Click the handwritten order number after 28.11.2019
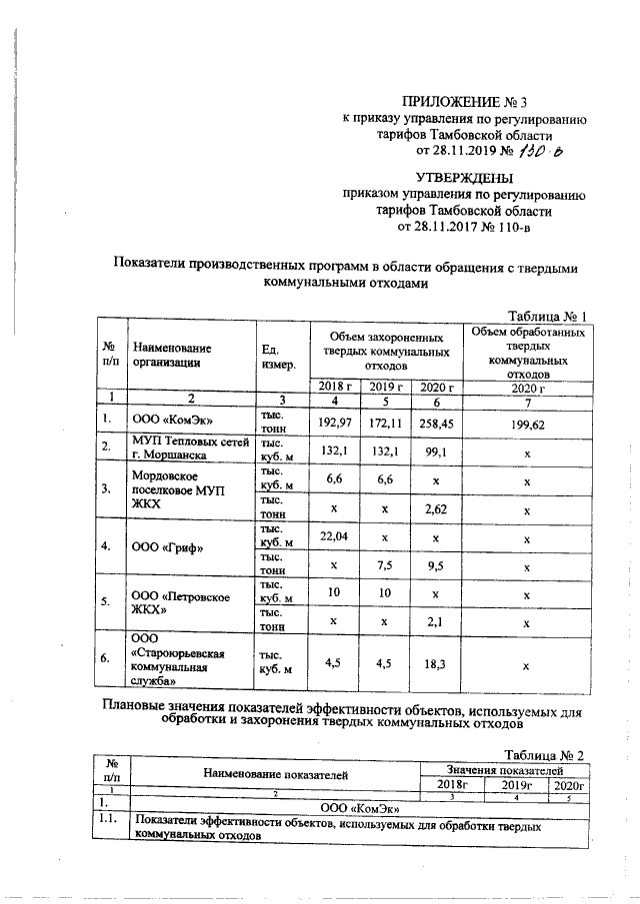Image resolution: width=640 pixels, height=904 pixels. pyautogui.click(x=542, y=152)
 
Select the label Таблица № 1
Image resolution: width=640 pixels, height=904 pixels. pyautogui.click(x=547, y=316)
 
